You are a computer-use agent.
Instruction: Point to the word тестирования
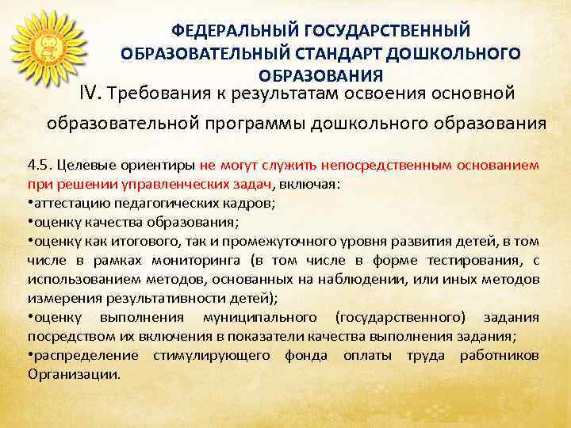point(465,262)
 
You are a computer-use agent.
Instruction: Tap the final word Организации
point(74,373)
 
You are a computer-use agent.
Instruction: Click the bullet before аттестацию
point(29,202)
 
